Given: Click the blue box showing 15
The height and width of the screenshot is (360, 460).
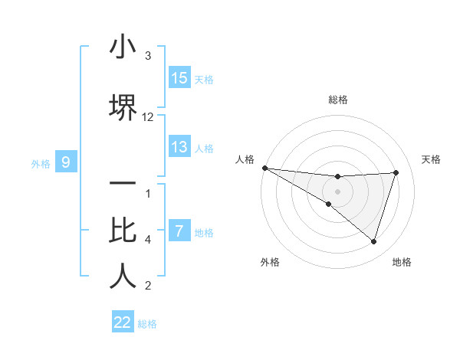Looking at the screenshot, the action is pos(179,78).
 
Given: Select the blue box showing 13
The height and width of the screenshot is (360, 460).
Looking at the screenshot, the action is pos(179,147).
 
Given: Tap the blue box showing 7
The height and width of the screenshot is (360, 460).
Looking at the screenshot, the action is pos(179,231).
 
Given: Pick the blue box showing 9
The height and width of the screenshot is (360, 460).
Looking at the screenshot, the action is pos(66,162).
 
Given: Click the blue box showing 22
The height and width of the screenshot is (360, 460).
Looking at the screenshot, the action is pos(123,322).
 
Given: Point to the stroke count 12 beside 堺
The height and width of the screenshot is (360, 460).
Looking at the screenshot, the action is pos(148,117).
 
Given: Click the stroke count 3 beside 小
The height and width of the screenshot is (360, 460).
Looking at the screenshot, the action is pos(148,56).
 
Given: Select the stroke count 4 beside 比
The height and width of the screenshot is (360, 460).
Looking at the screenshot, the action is pos(148,240).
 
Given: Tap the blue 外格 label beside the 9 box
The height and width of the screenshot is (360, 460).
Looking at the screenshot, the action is pos(41,163).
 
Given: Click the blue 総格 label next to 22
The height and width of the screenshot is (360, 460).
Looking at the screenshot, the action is pos(147,324).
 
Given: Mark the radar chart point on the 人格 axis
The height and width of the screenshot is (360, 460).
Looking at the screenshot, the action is pos(264,168).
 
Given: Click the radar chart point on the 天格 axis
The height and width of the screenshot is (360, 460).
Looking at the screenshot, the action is pos(396,172).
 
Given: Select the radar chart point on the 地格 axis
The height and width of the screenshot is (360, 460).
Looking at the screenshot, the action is pos(373,241).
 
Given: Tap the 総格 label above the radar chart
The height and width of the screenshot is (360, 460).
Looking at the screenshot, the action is pos(338,100).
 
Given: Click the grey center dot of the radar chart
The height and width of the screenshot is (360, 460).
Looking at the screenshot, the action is pos(338,191).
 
